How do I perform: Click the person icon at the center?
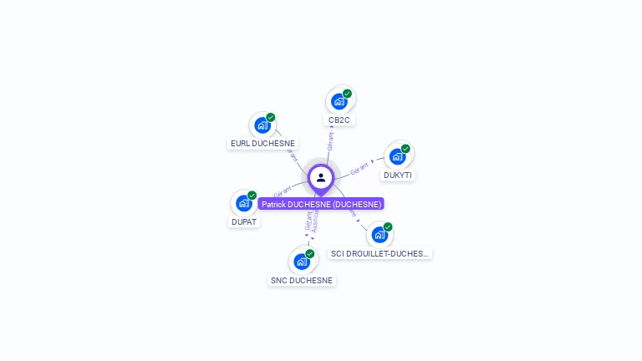coord(321,177)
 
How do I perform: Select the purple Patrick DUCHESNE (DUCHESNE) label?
coord(321,204)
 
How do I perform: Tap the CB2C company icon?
coord(339,101)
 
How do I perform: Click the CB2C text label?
coord(339,120)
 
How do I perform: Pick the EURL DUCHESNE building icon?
coord(262,125)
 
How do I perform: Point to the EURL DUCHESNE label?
coord(263,144)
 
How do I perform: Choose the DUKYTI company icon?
coord(397,155)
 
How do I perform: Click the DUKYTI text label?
coord(399,175)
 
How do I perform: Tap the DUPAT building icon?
coord(243,202)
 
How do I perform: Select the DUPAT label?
coord(244,222)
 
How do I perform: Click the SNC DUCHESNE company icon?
coord(302,261)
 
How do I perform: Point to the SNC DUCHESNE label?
coord(302,281)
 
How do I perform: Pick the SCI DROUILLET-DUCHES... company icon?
coord(380,234)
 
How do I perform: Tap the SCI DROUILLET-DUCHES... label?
coord(380,253)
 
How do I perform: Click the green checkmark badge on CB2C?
coord(347,94)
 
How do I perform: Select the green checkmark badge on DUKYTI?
coord(405,149)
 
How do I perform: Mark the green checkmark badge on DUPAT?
coord(252,196)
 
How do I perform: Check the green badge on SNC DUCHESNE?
coord(310,254)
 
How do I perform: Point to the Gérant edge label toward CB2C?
coord(330,141)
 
